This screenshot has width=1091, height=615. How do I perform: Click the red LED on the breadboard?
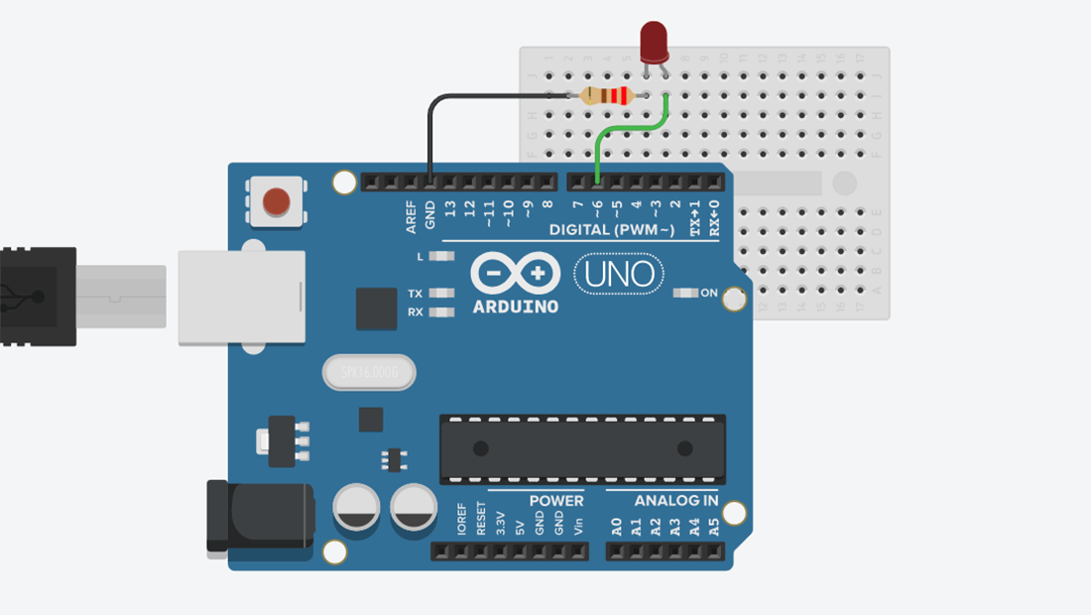pos(654,43)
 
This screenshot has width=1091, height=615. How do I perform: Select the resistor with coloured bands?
pos(606,95)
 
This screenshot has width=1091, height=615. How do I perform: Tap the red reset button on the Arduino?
pos(276,202)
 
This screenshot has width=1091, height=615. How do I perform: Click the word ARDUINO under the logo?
pos(515,307)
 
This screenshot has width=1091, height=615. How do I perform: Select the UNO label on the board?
pos(619,273)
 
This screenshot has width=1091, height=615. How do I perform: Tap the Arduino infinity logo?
pos(515,273)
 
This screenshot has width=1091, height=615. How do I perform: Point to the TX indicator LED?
pos(441,294)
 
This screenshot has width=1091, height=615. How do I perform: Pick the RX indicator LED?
pos(441,311)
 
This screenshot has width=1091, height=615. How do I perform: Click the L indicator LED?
pos(441,256)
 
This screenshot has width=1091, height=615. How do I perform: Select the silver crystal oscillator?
pos(369,373)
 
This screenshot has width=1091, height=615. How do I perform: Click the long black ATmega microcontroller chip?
pos(582,449)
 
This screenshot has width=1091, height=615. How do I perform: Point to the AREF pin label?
pos(411,217)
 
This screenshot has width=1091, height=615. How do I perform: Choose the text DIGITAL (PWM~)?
pos(612,230)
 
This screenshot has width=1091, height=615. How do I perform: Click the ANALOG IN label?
pos(676,501)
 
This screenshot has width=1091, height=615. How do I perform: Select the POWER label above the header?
pos(555,501)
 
